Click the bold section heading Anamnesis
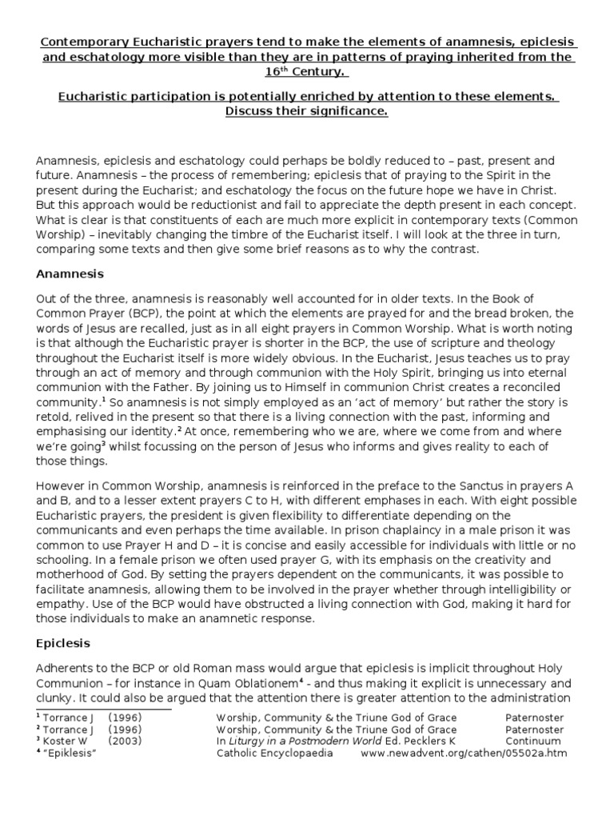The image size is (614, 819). [x=70, y=274]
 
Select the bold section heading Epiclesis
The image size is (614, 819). [x=64, y=642]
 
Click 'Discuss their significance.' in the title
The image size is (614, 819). [x=306, y=111]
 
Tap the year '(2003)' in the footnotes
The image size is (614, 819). [x=128, y=741]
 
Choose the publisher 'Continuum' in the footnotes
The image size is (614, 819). [x=534, y=741]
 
